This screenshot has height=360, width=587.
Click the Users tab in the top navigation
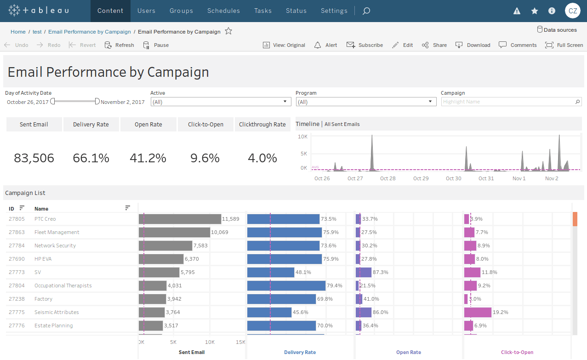pyautogui.click(x=146, y=11)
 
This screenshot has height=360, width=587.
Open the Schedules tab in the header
pyautogui.click(x=223, y=11)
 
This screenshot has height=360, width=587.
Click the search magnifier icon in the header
pyautogui.click(x=366, y=11)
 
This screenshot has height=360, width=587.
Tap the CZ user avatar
pyautogui.click(x=572, y=11)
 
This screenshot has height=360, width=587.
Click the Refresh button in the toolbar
pyautogui.click(x=120, y=45)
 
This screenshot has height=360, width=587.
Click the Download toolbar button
pyautogui.click(x=473, y=45)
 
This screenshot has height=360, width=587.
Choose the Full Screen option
pyautogui.click(x=564, y=45)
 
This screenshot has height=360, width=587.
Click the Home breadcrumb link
pyautogui.click(x=18, y=32)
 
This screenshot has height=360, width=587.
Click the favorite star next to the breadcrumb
pyautogui.click(x=228, y=31)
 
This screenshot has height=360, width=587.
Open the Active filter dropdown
pyautogui.click(x=221, y=102)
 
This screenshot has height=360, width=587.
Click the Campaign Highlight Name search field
pyautogui.click(x=508, y=102)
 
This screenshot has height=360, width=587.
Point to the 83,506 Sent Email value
pyautogui.click(x=34, y=158)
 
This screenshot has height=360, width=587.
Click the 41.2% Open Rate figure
pyautogui.click(x=148, y=158)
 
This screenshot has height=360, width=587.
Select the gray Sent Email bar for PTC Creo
pyautogui.click(x=180, y=219)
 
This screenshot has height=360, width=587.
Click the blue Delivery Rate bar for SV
pyautogui.click(x=270, y=272)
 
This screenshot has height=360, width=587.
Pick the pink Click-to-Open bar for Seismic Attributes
pyautogui.click(x=478, y=312)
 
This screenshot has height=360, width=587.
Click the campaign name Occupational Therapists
pyautogui.click(x=63, y=286)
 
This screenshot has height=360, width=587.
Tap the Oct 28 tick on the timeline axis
pyautogui.click(x=388, y=178)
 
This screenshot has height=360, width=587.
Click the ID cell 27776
pyautogui.click(x=17, y=326)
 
